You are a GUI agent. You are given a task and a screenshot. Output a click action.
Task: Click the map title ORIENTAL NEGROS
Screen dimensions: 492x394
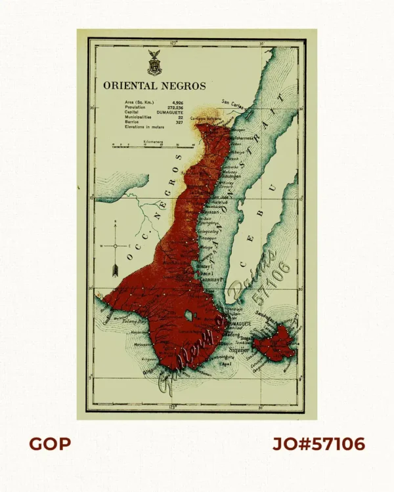pos(154,85)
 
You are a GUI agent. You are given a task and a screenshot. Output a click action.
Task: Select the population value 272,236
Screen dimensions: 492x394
pos(177,108)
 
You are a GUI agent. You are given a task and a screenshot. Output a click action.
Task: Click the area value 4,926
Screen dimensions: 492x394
pos(178,102)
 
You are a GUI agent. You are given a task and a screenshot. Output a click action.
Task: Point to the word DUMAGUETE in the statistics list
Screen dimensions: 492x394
pos(173,112)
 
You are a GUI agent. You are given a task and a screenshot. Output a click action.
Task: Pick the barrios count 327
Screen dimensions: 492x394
pos(179,121)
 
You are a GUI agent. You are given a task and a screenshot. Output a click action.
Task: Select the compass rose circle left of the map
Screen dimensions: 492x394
pos(115,245)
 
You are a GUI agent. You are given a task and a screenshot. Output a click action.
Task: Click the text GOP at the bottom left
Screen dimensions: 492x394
pos(49,444)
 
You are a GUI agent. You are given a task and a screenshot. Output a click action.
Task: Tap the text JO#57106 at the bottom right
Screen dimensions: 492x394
pos(318,444)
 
